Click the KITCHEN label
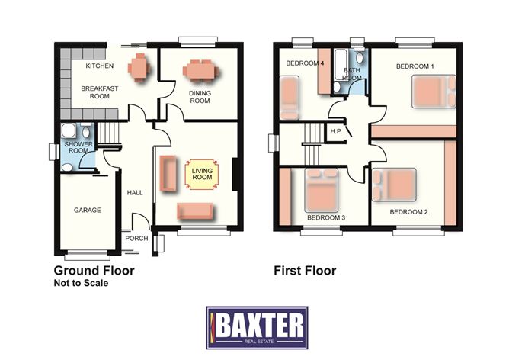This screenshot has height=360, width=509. tap(100, 66)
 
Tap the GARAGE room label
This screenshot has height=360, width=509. tap(88, 211)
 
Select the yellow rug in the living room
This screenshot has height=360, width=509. tap(202, 174)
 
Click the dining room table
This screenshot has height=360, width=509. tap(200, 70)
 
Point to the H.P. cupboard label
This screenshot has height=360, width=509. tap(336, 131)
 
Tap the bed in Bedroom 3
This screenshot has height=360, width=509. tap(322, 190)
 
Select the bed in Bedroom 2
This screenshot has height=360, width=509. tap(395, 185)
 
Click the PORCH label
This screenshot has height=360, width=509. tap(136, 239)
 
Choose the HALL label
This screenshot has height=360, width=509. tap(135, 193)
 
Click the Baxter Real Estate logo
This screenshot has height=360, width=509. tap(257, 327)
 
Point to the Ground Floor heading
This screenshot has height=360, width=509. tap(94, 270)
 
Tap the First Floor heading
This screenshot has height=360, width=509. tap(305, 270)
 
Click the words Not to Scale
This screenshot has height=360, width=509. tap(82, 283)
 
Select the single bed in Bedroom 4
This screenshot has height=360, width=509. tap(289, 98)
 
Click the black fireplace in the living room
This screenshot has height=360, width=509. tap(236, 175)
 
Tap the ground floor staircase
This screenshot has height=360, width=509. tap(109, 133)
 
